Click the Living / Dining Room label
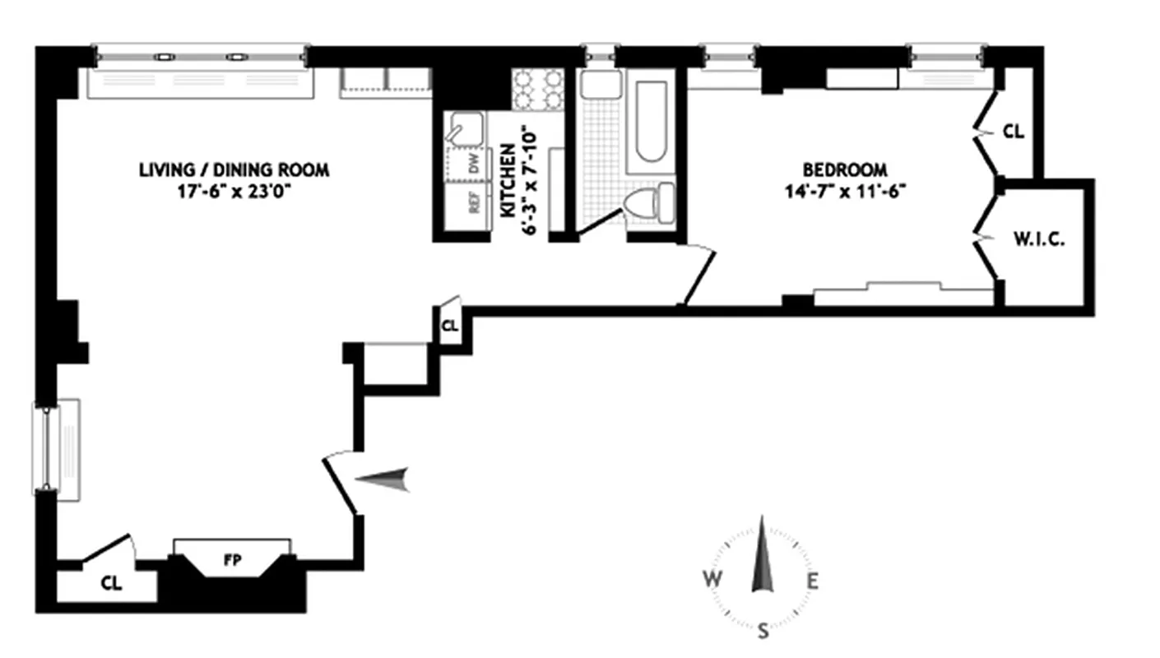point(234,170)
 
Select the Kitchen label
point(508,181)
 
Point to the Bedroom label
point(845,170)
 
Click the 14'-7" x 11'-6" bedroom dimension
point(845,194)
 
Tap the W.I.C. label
point(1040,241)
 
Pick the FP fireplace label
point(231,561)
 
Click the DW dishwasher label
point(473,164)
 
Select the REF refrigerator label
point(474,203)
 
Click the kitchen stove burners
point(538,89)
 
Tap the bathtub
point(650,120)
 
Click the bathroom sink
point(600,85)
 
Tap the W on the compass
point(712,580)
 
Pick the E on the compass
point(812,582)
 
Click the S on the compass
point(763,632)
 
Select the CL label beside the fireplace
point(111,585)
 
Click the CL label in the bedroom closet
point(1014,131)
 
